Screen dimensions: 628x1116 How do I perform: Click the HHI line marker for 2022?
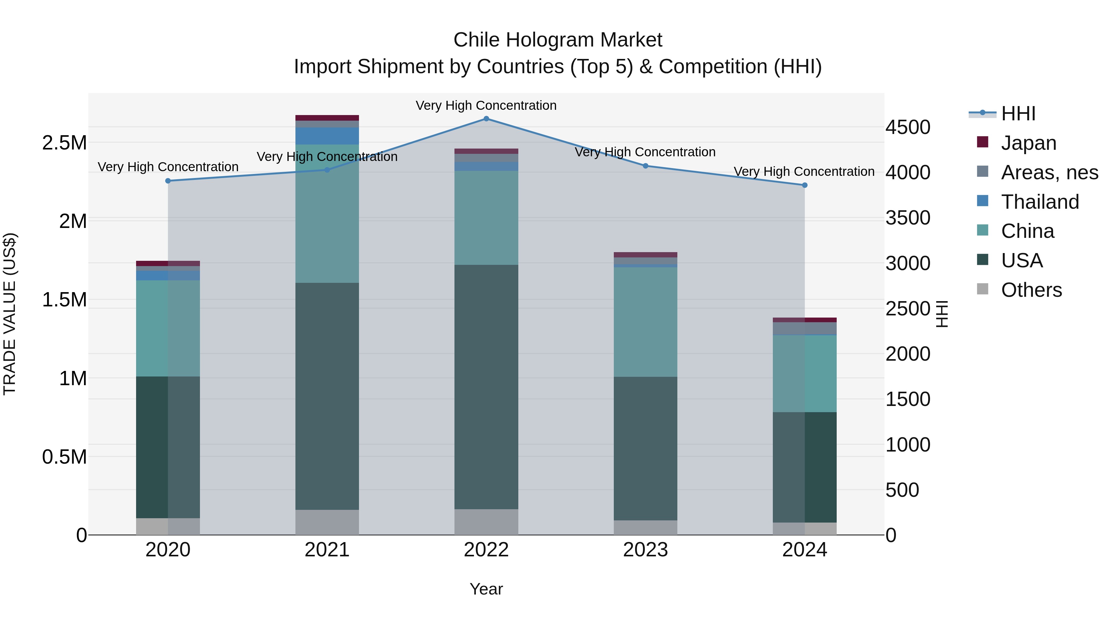(486, 119)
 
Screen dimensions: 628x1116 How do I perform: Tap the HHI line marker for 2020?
(168, 181)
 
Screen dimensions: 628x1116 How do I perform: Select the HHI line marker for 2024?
(804, 185)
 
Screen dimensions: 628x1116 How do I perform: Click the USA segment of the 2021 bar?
(327, 396)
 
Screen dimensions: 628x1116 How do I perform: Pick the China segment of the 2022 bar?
(486, 218)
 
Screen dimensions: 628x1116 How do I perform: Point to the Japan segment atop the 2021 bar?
(327, 118)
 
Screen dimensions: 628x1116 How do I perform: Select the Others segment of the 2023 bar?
(645, 528)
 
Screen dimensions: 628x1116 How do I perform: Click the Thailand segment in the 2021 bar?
(327, 136)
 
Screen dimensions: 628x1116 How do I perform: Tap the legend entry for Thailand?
(1039, 202)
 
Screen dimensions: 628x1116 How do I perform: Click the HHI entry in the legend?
(1018, 114)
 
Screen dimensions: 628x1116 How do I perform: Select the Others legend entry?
(1031, 290)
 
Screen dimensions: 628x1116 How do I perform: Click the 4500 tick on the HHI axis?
(908, 127)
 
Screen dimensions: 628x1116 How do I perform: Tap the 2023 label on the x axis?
(645, 550)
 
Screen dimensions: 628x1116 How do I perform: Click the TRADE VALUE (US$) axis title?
(10, 314)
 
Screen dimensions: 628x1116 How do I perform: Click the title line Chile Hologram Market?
(558, 40)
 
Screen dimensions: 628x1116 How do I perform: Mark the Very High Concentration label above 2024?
(804, 171)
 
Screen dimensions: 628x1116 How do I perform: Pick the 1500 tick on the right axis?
(908, 399)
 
